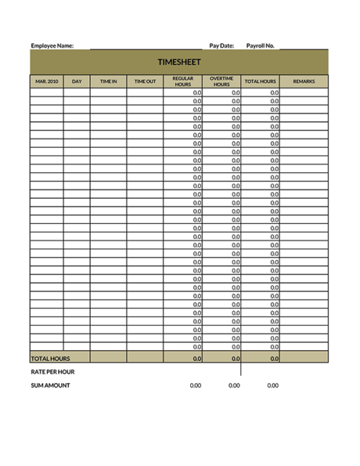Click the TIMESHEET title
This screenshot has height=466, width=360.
pyautogui.click(x=179, y=62)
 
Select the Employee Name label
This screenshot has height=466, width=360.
pyautogui.click(x=52, y=45)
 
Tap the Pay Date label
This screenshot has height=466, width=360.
pyautogui.click(x=222, y=45)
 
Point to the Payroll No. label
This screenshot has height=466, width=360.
pyautogui.click(x=260, y=45)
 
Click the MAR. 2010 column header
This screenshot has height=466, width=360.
pyautogui.click(x=47, y=81)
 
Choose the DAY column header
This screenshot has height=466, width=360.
pyautogui.click(x=77, y=81)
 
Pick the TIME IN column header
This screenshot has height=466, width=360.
pyautogui.click(x=109, y=81)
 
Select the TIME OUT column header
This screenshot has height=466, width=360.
pyautogui.click(x=145, y=81)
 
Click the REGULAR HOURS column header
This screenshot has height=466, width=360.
pyautogui.click(x=183, y=81)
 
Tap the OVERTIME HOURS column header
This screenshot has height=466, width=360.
pyautogui.click(x=222, y=81)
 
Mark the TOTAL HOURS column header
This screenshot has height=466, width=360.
pyautogui.click(x=260, y=81)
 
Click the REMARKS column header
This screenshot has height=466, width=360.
pyautogui.click(x=304, y=81)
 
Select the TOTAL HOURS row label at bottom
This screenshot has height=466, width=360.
pyautogui.click(x=50, y=358)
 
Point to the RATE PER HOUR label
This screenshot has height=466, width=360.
pyautogui.click(x=53, y=372)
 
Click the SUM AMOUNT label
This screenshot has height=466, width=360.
pyautogui.click(x=50, y=385)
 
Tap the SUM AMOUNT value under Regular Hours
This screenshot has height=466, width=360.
pyautogui.click(x=196, y=385)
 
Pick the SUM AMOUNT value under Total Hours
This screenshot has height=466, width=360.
pyautogui.click(x=273, y=385)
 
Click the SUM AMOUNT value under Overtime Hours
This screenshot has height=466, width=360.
pyautogui.click(x=235, y=385)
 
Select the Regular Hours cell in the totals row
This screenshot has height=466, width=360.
pyautogui.click(x=183, y=358)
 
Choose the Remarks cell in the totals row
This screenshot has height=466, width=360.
pyautogui.click(x=304, y=358)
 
